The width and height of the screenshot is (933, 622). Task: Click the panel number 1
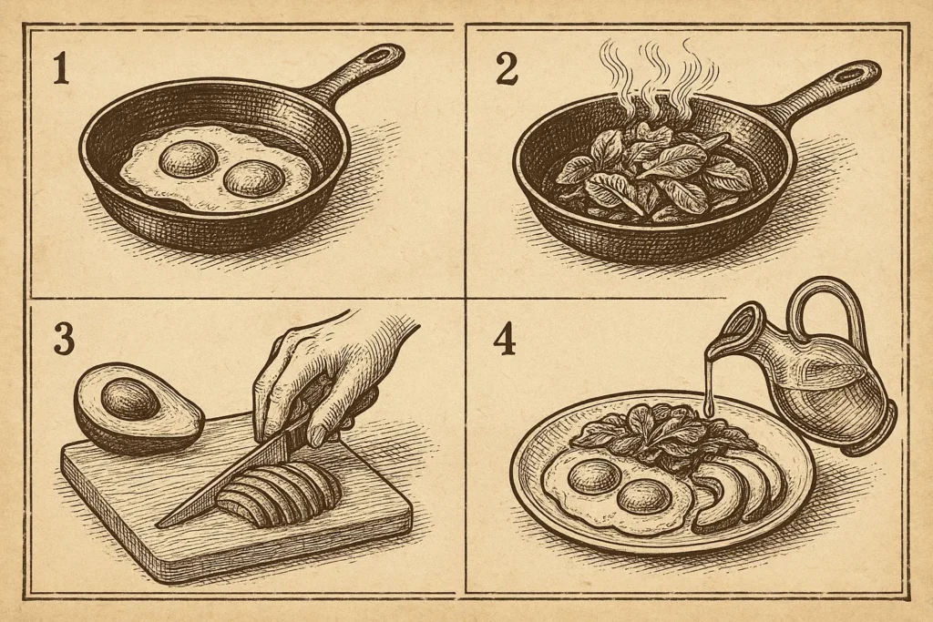click(60, 68)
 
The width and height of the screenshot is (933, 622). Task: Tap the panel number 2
click(507, 69)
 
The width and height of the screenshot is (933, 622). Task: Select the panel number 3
click(64, 339)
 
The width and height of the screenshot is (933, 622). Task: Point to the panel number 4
click(505, 340)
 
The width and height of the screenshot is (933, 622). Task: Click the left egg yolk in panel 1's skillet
click(188, 158)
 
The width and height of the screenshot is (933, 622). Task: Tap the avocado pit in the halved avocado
click(129, 399)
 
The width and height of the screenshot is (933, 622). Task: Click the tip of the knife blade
click(158, 525)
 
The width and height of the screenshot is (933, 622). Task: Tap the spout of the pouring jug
click(729, 333)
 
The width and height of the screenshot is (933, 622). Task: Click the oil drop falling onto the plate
click(709, 408)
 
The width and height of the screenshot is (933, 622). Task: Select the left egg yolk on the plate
click(593, 475)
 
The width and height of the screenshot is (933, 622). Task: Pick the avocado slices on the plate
click(741, 495)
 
